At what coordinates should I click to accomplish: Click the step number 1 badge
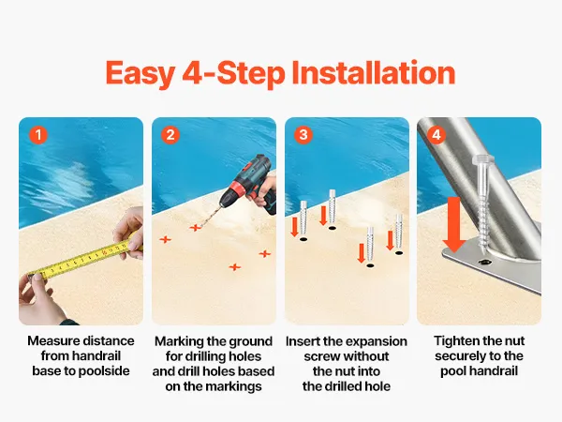pyautogui.click(x=38, y=135)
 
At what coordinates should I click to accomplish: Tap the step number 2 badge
pyautogui.click(x=170, y=135)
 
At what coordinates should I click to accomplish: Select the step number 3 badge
pyautogui.click(x=303, y=135)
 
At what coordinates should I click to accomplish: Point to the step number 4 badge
pyautogui.click(x=436, y=135)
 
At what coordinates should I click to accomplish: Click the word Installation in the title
pyautogui.click(x=374, y=73)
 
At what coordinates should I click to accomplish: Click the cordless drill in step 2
pyautogui.click(x=247, y=184)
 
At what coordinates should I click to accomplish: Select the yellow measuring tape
pyautogui.click(x=83, y=259)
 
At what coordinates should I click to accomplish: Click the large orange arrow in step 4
pyautogui.click(x=454, y=224)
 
